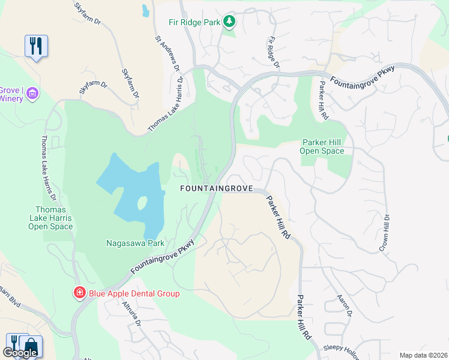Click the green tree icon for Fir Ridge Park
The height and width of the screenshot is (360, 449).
point(229,22)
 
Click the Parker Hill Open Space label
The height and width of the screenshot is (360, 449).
point(322,146)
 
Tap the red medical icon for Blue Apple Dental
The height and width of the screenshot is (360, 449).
point(79,293)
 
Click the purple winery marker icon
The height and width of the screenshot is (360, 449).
point(32,93)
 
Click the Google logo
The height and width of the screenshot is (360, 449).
point(20,353)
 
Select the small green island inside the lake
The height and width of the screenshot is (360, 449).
point(142,203)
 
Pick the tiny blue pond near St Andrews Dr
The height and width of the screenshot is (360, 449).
point(145,10)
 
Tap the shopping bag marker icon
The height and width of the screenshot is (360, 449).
point(30,345)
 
